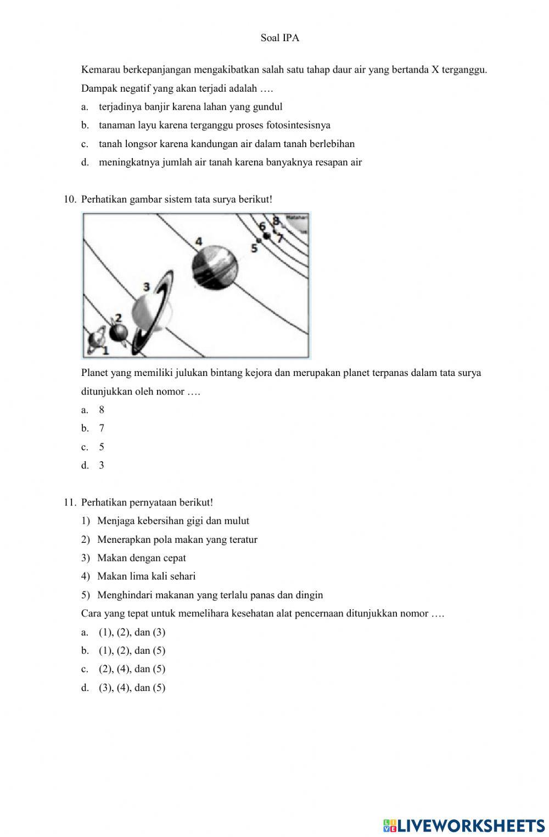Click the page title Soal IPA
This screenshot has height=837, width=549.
280,38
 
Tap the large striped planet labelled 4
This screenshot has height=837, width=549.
215,267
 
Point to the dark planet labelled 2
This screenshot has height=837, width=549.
118,332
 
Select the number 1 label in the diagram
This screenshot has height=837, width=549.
105,350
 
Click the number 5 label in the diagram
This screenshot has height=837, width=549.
254,248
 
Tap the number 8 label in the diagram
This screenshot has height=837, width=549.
276,221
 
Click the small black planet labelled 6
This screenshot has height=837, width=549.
267,236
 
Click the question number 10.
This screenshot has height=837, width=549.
70,199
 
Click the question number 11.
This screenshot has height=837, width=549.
70,502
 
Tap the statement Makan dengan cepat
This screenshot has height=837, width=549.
142,558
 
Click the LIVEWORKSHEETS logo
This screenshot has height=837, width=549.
463,825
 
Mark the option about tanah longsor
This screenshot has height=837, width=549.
226,144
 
